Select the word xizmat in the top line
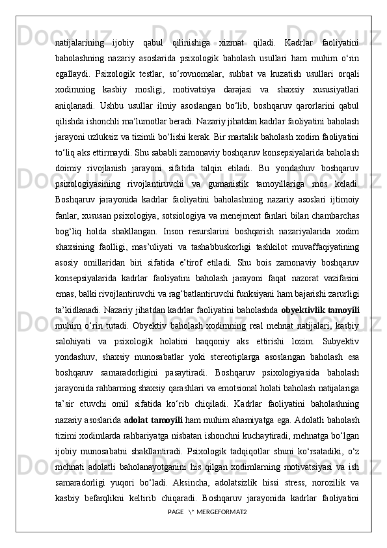point(233,43)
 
